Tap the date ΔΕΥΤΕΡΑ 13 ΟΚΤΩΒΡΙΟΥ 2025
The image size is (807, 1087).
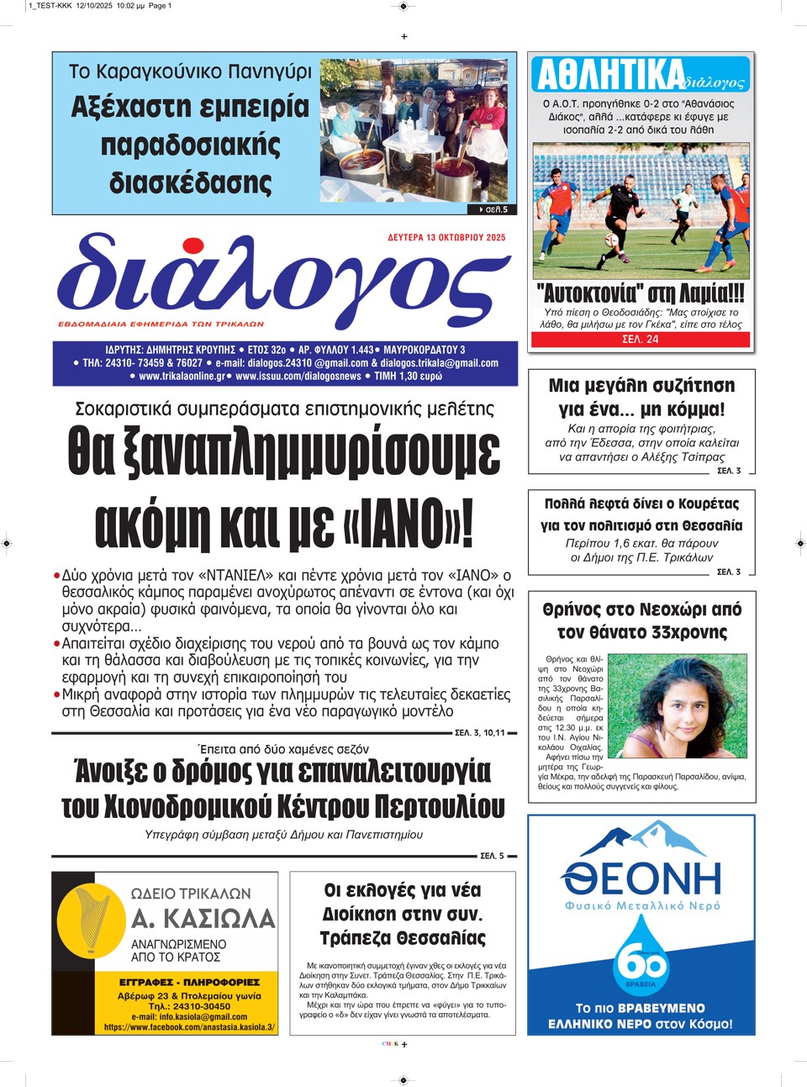pos(446,238)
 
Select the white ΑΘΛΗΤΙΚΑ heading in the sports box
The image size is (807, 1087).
pos(610,75)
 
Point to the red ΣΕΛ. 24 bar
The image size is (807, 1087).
pos(640,340)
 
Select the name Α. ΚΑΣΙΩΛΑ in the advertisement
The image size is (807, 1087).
pos(203,918)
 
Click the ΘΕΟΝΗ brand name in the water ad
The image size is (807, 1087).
pos(641,879)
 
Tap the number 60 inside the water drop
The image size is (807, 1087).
pos(641,961)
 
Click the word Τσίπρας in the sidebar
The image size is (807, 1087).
pos(698,456)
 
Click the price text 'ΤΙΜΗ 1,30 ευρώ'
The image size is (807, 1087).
pos(408,376)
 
